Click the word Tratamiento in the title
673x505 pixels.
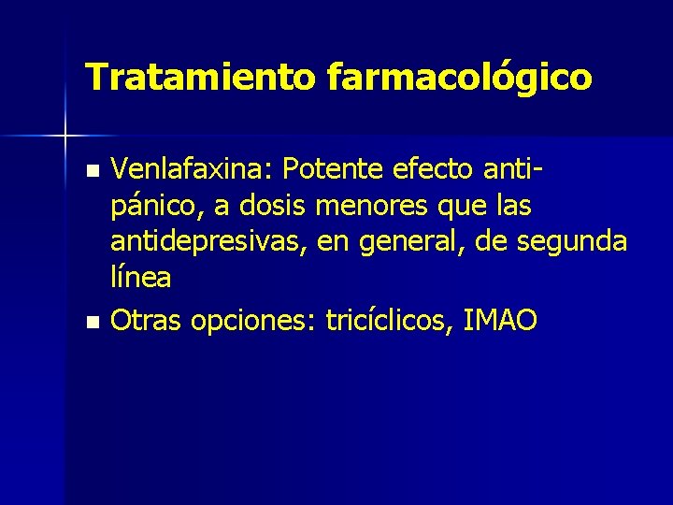[200, 76]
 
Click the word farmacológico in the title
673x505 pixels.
[459, 78]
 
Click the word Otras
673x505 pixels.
[146, 321]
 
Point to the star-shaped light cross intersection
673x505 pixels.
[65, 137]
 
